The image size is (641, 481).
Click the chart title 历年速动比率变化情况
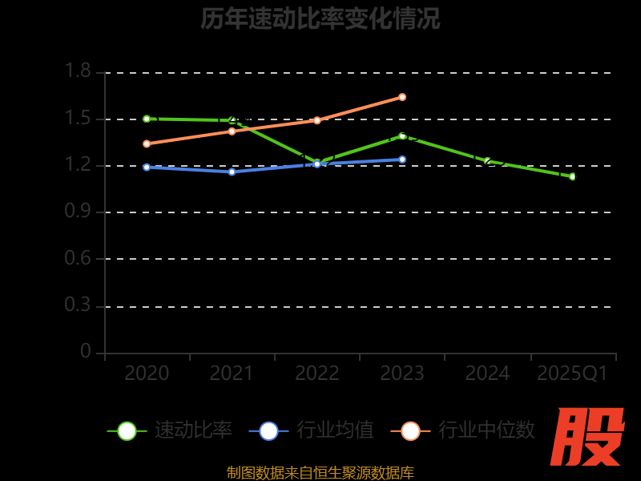coord(320,18)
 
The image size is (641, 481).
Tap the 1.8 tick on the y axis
coord(78,72)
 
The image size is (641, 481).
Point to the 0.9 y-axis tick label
coord(78,212)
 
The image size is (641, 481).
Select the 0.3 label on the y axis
coord(78,306)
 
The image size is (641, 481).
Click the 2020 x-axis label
coord(147,374)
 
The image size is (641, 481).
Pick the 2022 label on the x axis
coord(317,374)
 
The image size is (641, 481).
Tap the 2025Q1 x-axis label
coord(572,374)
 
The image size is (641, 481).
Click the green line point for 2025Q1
coord(572,176)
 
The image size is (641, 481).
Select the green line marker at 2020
coord(147,119)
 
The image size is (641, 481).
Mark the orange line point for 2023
coord(402,97)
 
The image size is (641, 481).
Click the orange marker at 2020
coord(147,143)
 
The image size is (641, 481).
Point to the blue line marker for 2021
coord(232,172)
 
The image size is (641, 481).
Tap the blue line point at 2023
coord(402,159)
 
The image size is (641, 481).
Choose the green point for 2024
coord(487,161)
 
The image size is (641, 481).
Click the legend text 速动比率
coord(193,430)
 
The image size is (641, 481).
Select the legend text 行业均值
coord(335,430)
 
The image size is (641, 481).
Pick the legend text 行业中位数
coord(486,430)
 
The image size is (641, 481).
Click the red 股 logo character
coord(588,437)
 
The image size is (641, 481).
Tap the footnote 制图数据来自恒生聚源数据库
coord(320,473)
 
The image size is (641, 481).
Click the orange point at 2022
coord(317,120)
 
